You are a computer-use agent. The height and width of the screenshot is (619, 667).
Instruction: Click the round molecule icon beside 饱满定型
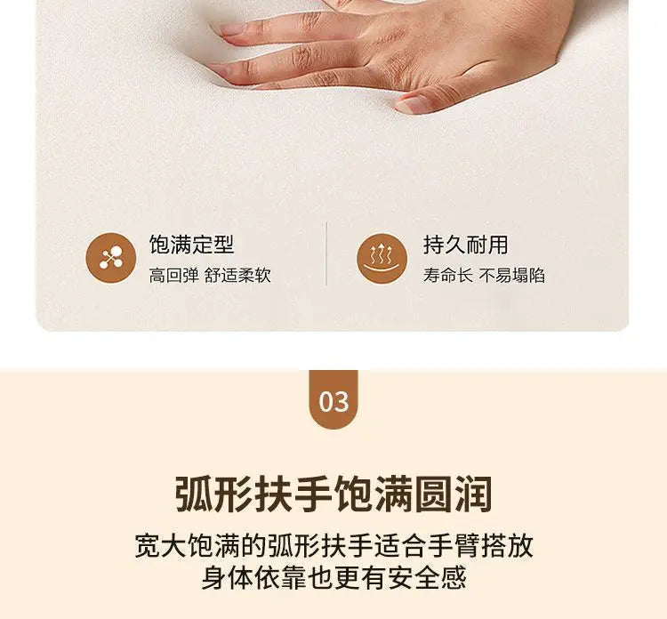[111, 258]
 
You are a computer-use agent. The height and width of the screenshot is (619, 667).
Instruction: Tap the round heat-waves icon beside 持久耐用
[382, 258]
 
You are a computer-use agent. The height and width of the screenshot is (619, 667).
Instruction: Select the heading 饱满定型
[191, 245]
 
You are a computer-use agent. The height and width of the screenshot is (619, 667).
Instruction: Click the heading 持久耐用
[465, 245]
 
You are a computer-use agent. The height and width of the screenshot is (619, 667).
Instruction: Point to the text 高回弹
[173, 275]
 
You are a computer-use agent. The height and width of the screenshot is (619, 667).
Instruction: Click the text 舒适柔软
[237, 275]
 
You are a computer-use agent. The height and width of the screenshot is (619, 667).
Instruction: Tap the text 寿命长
[447, 275]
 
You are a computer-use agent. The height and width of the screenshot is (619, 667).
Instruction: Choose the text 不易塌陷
[511, 275]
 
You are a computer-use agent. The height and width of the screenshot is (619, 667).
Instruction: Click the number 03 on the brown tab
[333, 402]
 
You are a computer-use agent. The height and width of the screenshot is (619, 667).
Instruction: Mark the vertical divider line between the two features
[326, 253]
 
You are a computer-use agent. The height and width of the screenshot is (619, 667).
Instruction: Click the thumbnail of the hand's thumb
[410, 104]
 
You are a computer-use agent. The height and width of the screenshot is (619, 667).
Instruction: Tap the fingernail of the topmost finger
[232, 29]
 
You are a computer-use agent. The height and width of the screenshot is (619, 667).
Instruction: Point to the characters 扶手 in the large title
[294, 494]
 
